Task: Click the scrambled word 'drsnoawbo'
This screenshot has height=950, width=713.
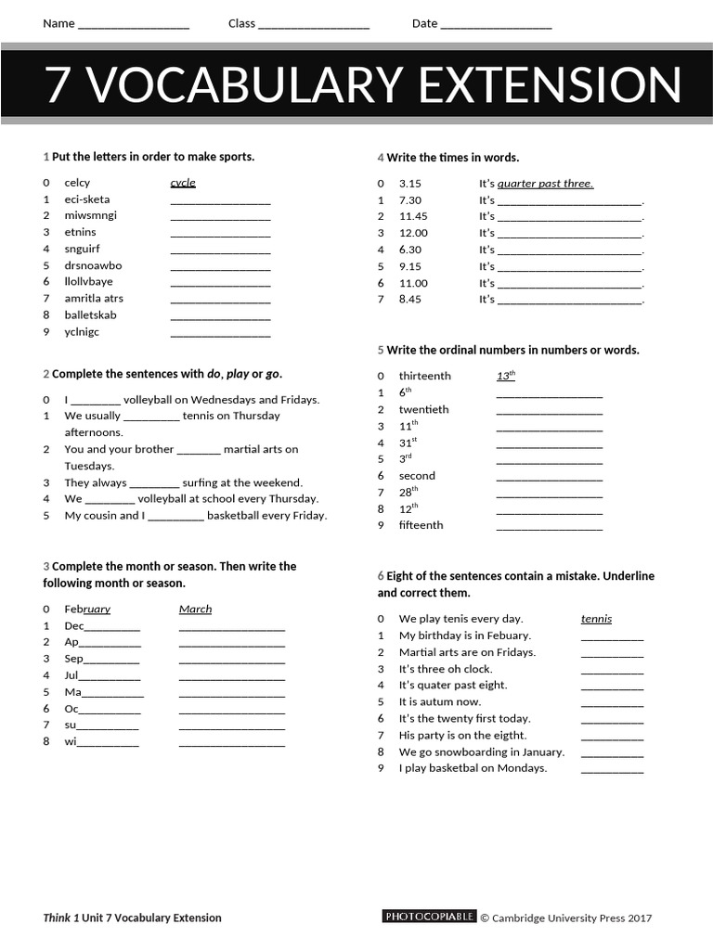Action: coord(93,265)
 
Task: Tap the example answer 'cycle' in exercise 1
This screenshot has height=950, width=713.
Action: coord(183,183)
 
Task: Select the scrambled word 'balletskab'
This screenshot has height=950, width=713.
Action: coord(90,315)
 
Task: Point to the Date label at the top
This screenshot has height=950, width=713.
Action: coord(424,23)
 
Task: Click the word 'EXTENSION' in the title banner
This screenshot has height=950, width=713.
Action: coord(550,85)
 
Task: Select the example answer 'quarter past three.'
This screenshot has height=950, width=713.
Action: coord(545,184)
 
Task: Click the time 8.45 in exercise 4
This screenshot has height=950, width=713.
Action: coord(409,300)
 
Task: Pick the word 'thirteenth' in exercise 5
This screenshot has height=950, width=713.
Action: coord(424,376)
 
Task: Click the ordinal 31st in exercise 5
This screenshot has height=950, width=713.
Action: coord(408,443)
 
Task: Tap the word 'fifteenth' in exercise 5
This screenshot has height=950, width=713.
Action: coord(421,525)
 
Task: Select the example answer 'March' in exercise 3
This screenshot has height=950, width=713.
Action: coord(195,610)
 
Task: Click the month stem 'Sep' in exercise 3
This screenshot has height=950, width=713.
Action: coord(73,659)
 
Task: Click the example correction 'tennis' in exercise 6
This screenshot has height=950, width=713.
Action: coord(596,619)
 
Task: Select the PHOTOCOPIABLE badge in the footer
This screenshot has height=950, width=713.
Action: coord(429,917)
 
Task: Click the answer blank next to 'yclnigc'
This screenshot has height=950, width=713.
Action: coord(220,333)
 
